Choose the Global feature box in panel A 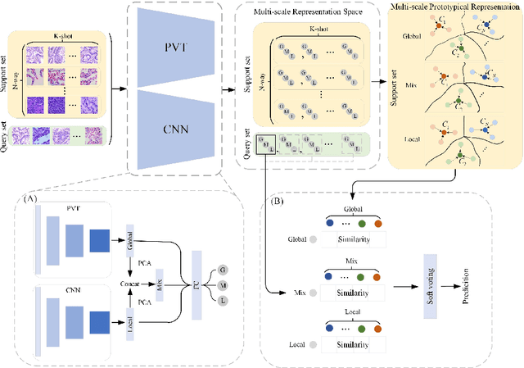point(131,238)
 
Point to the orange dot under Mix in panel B point(377,277)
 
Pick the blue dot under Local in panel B point(328,327)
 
